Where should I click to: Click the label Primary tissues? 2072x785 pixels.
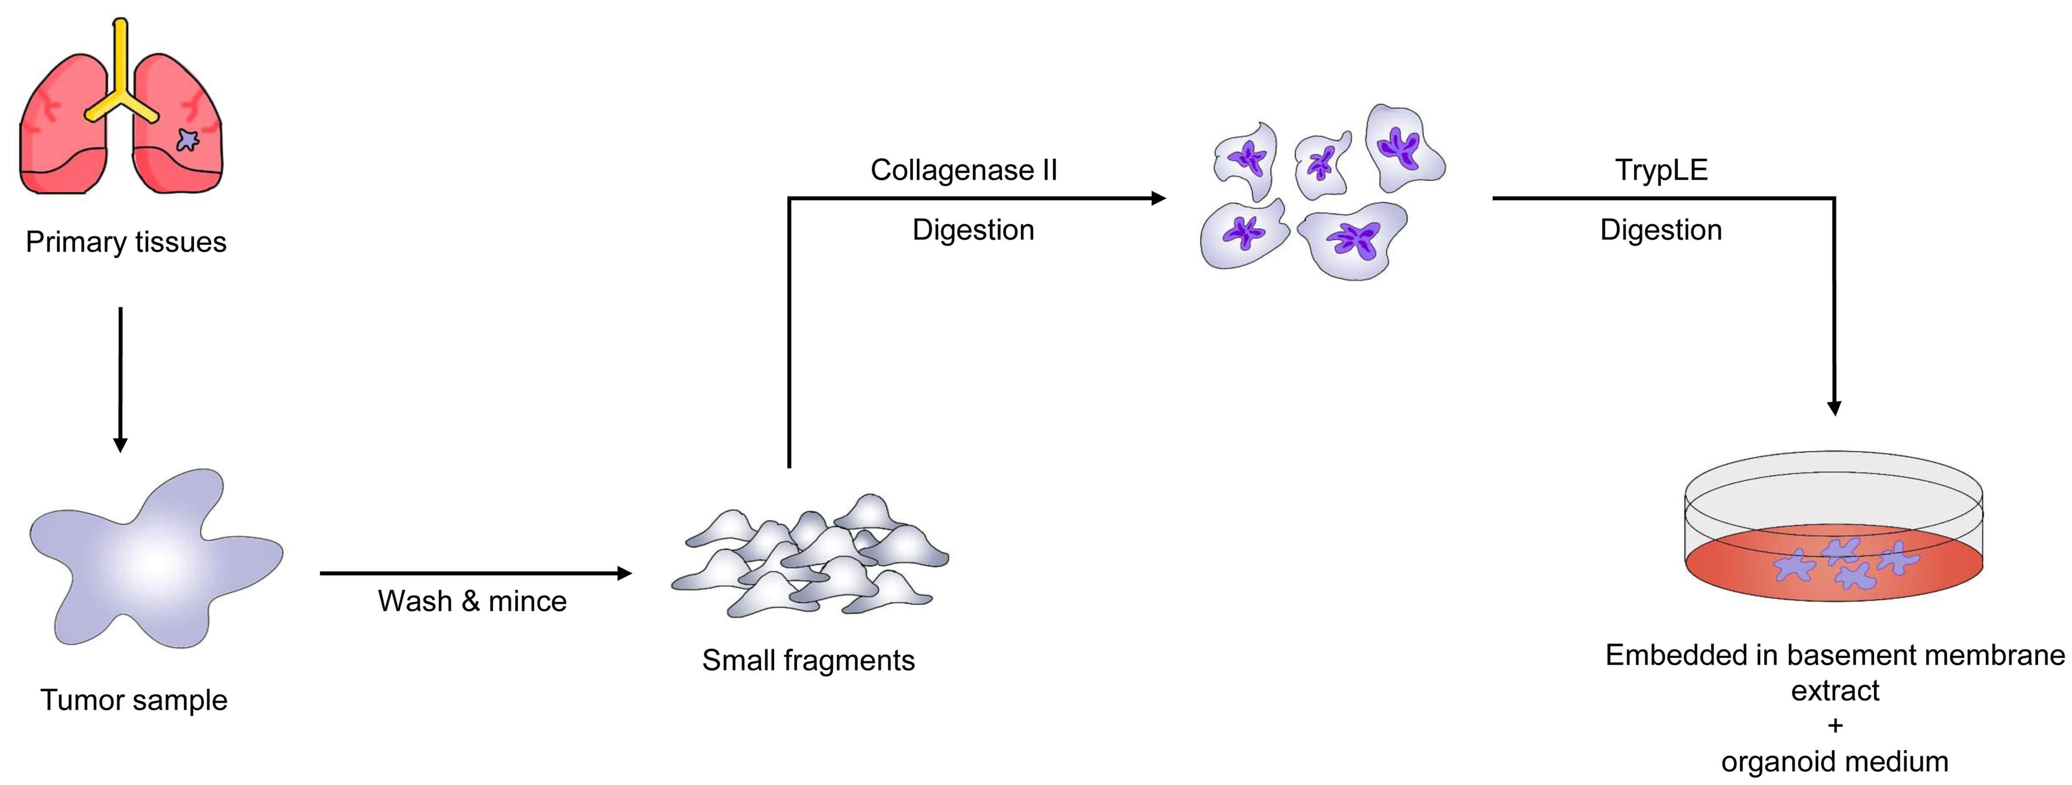coord(126,242)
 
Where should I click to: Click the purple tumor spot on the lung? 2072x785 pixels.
coord(187,141)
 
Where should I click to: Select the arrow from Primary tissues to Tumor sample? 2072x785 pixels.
coord(121,378)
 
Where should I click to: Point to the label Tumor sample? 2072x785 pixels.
coord(133,700)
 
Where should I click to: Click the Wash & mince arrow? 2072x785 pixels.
coord(475,574)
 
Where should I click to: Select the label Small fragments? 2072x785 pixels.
coord(808,660)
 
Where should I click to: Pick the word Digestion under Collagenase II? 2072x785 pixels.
coord(973,230)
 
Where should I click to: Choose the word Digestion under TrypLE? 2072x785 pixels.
coord(1661,230)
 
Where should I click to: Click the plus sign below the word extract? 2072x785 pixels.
coord(1835,725)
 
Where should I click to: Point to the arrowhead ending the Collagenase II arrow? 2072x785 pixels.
coord(1158,198)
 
